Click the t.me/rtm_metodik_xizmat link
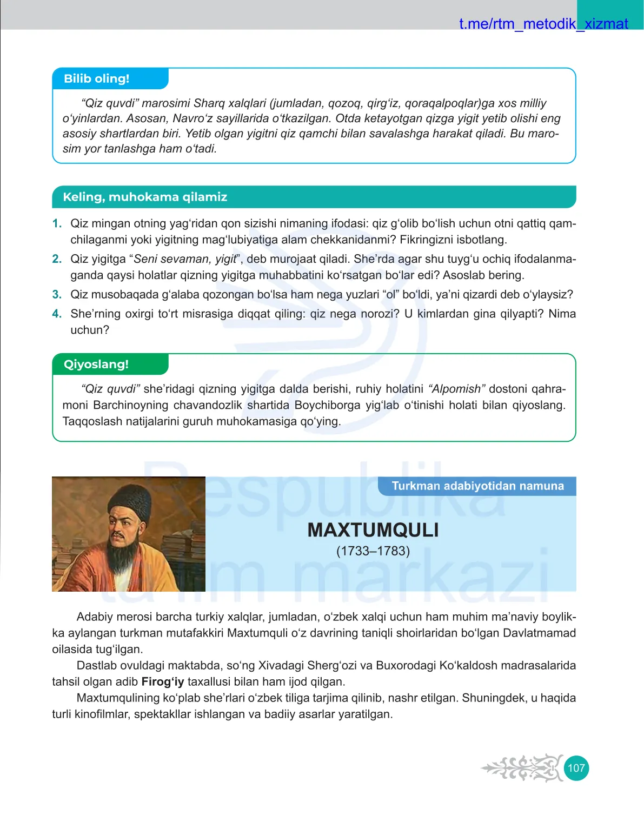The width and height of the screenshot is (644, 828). coord(543,24)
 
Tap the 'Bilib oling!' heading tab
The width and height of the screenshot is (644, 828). coord(97,79)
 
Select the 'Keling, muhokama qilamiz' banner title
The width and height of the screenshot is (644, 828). coord(145,197)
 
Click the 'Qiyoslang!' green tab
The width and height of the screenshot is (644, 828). coord(96,365)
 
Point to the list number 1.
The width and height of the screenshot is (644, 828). coord(57,224)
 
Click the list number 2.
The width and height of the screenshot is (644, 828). coord(57,259)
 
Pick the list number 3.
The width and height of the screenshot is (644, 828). coord(57,295)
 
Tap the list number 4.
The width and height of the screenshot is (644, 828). coord(57,314)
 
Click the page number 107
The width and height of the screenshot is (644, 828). coord(576,768)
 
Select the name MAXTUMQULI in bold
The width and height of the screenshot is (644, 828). coord(373,530)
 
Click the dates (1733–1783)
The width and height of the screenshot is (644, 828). coord(373,551)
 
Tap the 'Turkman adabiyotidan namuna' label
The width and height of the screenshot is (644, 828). coord(477,486)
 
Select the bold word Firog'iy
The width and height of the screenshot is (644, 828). coord(163,682)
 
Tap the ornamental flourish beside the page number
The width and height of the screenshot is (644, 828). coord(522,768)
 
